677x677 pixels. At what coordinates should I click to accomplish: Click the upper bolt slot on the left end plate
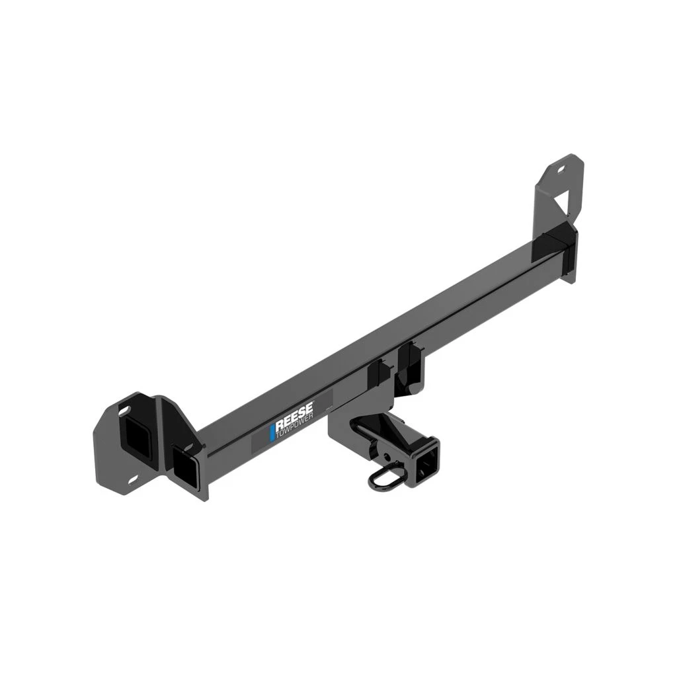coord(123,411)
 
